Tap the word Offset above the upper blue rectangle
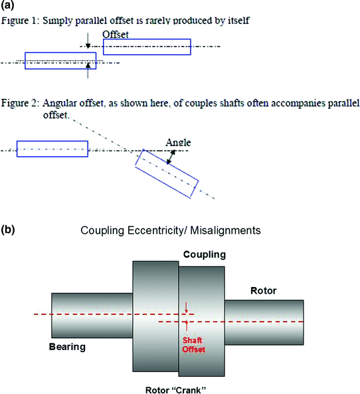[116, 34]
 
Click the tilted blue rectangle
[167, 172]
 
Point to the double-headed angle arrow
[173, 157]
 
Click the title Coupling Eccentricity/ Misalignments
[171, 231]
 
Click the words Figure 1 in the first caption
[21, 21]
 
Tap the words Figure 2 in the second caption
[21, 104]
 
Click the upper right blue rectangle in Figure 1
[147, 47]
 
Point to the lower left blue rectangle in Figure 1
[60, 60]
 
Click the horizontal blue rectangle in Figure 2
[52, 149]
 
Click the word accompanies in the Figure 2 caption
[285, 104]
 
